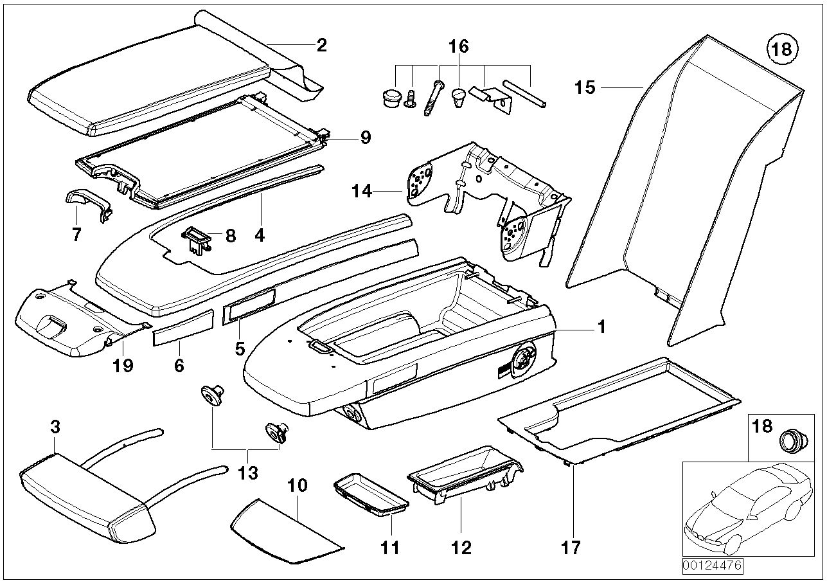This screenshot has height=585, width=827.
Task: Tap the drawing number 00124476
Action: [712, 566]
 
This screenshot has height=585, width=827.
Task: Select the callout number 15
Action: [585, 87]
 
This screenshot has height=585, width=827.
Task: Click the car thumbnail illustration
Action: [745, 508]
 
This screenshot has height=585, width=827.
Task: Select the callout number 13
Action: [247, 473]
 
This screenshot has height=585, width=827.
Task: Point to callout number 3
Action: [55, 427]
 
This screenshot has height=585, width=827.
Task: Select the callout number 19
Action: [123, 365]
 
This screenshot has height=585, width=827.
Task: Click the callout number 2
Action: [321, 46]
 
